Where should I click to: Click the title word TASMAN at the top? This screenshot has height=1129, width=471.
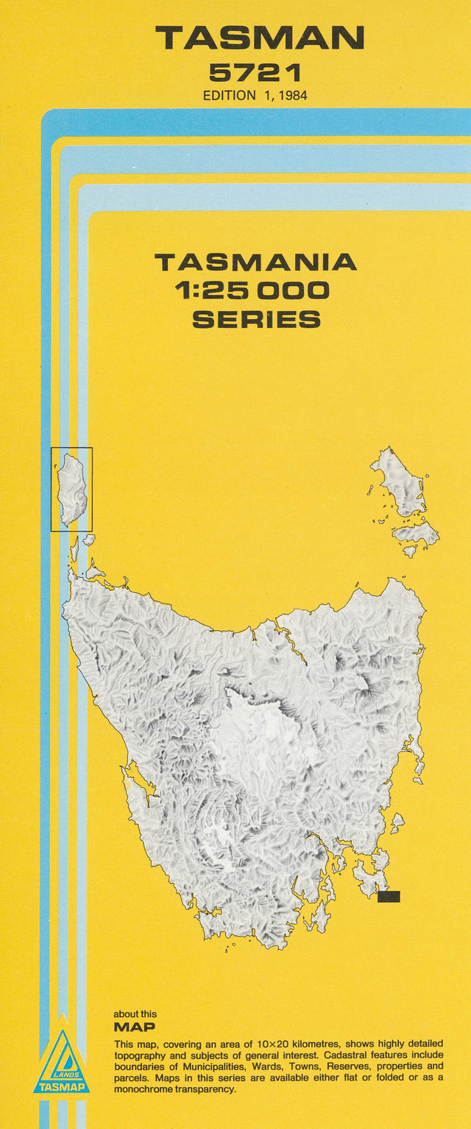pos(260,38)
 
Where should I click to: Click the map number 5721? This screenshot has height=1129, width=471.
pos(255,72)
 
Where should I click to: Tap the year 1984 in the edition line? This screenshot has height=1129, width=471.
pos(292,95)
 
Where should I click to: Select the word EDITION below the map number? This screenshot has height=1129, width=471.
pos(229,95)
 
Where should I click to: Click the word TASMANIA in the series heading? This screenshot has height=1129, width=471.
pos(255,262)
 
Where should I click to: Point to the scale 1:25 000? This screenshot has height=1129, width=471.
pos(252,290)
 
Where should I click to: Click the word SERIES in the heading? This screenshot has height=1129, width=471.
pos(256,319)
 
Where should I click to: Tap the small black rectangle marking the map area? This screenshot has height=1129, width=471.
pos(388,896)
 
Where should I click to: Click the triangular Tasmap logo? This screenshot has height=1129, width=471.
pos(62,1063)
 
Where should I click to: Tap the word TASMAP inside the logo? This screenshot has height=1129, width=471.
pos(62,1087)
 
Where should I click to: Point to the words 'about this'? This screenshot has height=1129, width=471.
pos(135,1014)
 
